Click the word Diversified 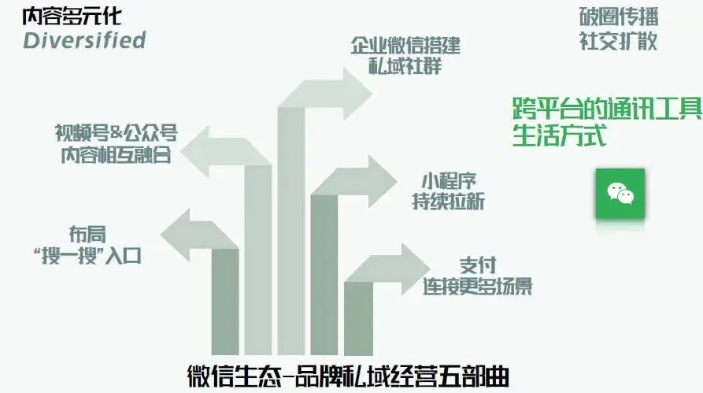[84, 40]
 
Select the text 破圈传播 [618, 17]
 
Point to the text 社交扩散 [618, 40]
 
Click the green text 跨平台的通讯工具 [606, 109]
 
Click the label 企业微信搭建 [405, 44]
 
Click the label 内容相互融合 [116, 154]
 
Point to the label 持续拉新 [449, 202]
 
